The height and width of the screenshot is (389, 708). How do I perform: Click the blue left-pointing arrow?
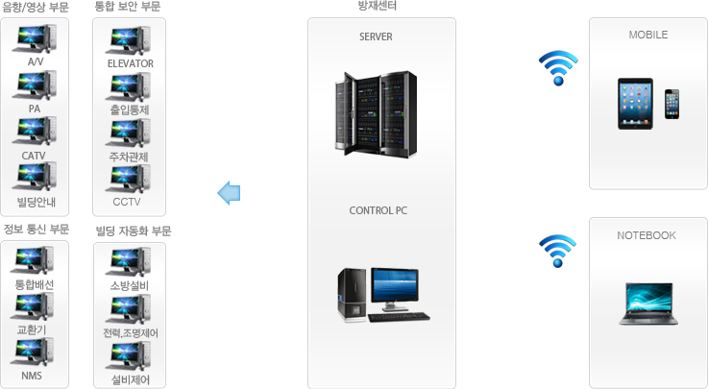pyautogui.click(x=229, y=193)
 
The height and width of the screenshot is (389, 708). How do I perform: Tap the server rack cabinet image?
pyautogui.click(x=376, y=113)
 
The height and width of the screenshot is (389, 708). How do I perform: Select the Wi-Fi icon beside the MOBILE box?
pyautogui.click(x=558, y=67)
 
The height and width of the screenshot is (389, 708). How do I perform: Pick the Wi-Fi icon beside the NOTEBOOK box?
pyautogui.click(x=557, y=251)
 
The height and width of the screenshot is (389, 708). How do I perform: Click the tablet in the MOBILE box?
pyautogui.click(x=635, y=104)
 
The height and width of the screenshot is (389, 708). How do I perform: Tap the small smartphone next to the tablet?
pyautogui.click(x=671, y=105)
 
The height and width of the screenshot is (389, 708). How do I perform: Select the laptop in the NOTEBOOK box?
pyautogui.click(x=648, y=304)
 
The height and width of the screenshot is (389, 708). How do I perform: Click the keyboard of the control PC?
pyautogui.click(x=400, y=317)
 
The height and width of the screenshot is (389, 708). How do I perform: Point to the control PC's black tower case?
pyautogui.click(x=352, y=295)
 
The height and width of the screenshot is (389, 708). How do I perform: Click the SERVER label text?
pyautogui.click(x=376, y=36)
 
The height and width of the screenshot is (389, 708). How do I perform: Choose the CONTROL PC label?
pyautogui.click(x=378, y=210)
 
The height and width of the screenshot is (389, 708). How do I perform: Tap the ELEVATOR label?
pyautogui.click(x=131, y=63)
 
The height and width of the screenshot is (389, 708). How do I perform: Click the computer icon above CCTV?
pyautogui.click(x=128, y=180)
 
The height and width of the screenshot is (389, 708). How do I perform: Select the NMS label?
pyautogui.click(x=32, y=376)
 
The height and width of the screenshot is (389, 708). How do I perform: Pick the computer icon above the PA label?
pyautogui.click(x=35, y=85)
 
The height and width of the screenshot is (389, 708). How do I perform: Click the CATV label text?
pyautogui.click(x=34, y=156)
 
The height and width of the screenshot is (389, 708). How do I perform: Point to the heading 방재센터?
pyautogui.click(x=378, y=6)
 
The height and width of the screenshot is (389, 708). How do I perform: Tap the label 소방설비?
pyautogui.click(x=129, y=285)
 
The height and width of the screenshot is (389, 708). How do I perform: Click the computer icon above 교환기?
pyautogui.click(x=32, y=306)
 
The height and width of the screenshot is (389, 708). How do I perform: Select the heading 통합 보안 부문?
pyautogui.click(x=128, y=7)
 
